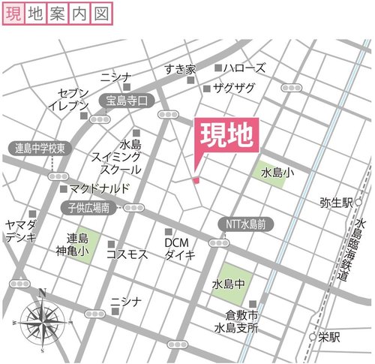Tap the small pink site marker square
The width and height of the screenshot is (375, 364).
(196, 180)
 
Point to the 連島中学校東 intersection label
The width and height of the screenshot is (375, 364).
(40, 148)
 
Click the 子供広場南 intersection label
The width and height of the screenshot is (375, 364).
(88, 207)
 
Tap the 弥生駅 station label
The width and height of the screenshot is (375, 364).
(335, 203)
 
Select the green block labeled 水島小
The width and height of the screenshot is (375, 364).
(273, 173)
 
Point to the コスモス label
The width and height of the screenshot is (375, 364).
(127, 255)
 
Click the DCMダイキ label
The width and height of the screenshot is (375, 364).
(180, 249)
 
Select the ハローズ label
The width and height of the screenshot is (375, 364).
(244, 68)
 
